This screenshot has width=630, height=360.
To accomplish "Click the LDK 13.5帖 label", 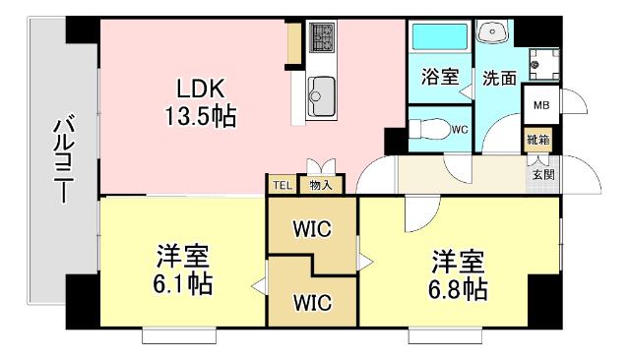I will tap(199, 101).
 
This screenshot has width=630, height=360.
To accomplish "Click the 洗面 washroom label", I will tap(499, 78).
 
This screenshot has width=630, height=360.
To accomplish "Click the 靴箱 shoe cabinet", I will tap(537, 141).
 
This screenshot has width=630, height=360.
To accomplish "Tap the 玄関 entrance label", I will tap(543, 174).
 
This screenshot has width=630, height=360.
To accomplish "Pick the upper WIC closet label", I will tap(310, 229).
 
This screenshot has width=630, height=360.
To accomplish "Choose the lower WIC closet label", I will tap(310, 301).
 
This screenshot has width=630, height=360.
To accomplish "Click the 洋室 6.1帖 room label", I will tap(183, 272).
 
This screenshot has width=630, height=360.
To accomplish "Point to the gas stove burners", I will tap(322, 38).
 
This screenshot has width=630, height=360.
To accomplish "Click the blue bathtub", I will tap(440, 38).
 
